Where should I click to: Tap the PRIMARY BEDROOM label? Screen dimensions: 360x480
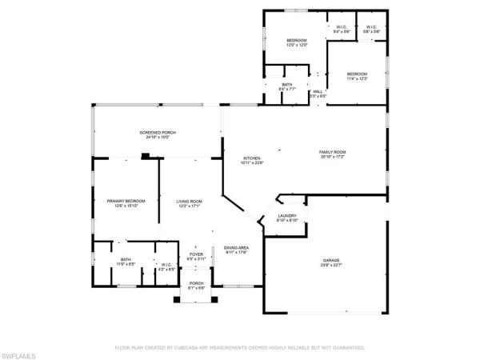117,201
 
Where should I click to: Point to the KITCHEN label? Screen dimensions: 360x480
252,158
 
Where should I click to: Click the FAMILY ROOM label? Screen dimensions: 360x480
332,152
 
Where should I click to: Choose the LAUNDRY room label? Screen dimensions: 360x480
288,215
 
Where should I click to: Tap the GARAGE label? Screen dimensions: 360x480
332,261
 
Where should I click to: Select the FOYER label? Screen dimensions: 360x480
196,254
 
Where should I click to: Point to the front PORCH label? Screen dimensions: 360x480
196,283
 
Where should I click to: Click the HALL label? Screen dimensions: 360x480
318,91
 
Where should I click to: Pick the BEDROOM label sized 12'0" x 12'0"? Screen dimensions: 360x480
297,40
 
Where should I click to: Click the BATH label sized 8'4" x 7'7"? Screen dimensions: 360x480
286,86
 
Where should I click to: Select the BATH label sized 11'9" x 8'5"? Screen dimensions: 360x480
126,259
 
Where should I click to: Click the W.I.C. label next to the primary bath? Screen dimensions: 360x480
166,265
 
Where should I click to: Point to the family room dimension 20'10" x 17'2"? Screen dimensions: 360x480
332,157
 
